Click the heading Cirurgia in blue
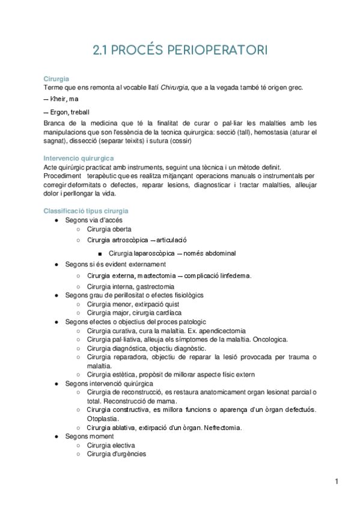56,79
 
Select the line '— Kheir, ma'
61,99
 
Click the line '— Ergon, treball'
67,112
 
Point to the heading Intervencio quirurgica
75,158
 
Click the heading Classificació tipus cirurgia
85,211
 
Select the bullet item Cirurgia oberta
109,229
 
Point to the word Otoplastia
103,419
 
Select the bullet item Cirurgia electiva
111,445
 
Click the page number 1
337,481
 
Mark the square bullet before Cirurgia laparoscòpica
99,253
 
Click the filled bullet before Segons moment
55,437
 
